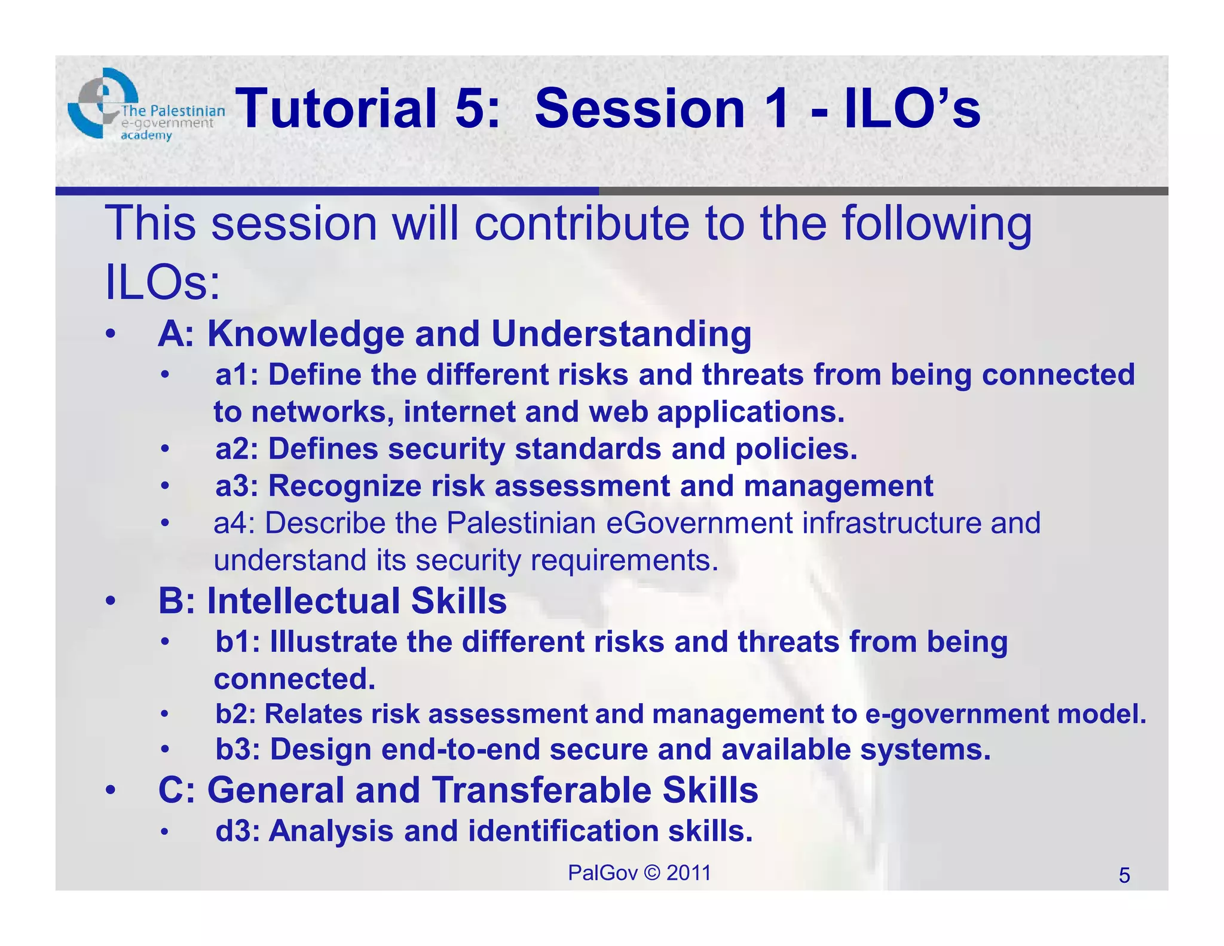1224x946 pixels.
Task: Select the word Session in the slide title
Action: tap(639, 109)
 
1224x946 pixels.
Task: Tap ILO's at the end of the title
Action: tap(911, 109)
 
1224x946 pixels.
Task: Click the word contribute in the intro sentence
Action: tap(583, 223)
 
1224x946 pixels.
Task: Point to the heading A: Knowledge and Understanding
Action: tap(454, 334)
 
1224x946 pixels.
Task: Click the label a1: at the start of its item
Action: tap(237, 376)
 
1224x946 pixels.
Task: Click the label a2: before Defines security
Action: tap(237, 449)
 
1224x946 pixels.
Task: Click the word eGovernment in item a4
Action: tap(700, 523)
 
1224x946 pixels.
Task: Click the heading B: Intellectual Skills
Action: tap(332, 601)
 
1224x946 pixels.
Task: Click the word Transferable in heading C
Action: tap(541, 791)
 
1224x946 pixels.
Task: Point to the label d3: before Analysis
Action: tap(237, 831)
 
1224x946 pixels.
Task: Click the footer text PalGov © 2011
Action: tap(639, 873)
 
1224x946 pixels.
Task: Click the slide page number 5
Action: tap(1124, 876)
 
